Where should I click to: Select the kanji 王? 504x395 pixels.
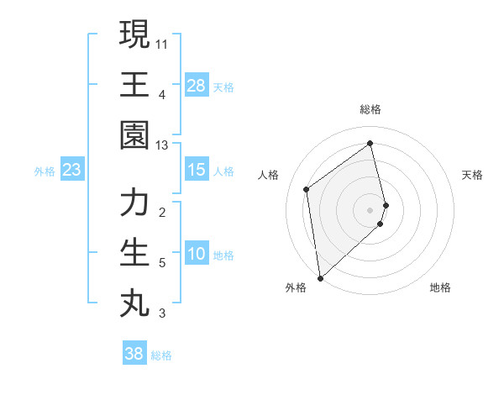(134, 84)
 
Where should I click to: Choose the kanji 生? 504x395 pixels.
(134, 252)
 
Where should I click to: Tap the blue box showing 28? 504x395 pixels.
(196, 86)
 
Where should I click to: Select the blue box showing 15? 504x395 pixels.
(196, 170)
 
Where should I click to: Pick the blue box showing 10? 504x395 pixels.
(196, 254)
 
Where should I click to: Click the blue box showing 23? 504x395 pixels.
(71, 171)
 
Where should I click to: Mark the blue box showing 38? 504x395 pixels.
(134, 354)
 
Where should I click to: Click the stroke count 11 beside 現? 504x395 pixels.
(162, 42)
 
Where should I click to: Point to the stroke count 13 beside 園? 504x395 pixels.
(162, 145)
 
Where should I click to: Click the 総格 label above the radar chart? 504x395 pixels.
(370, 109)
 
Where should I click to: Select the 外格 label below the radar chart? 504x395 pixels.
(295, 287)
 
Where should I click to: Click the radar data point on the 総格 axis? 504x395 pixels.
(370, 143)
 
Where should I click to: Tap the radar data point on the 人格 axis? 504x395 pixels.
(307, 189)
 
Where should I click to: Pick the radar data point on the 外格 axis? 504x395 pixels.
(320, 277)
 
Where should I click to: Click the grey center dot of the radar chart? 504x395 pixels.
(370, 208)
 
